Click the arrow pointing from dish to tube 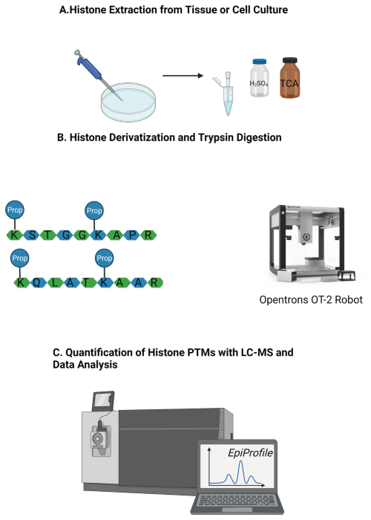pyautogui.click(x=183, y=76)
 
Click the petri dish pyautogui.click(x=128, y=103)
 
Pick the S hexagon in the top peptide pyautogui.click(x=32, y=235)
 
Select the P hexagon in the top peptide pyautogui.click(x=132, y=235)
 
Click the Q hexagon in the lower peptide pyautogui.click(x=37, y=282)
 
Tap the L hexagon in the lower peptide pyautogui.click(x=55, y=282)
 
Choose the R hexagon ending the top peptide pyautogui.click(x=148, y=235)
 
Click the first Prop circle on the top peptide pyautogui.click(x=15, y=209)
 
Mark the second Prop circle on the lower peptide pyautogui.click(x=105, y=258)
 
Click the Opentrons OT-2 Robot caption pyautogui.click(x=311, y=300)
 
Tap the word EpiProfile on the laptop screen pyautogui.click(x=251, y=453)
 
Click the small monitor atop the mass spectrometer pyautogui.click(x=103, y=400)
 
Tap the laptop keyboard pyautogui.click(x=237, y=501)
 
